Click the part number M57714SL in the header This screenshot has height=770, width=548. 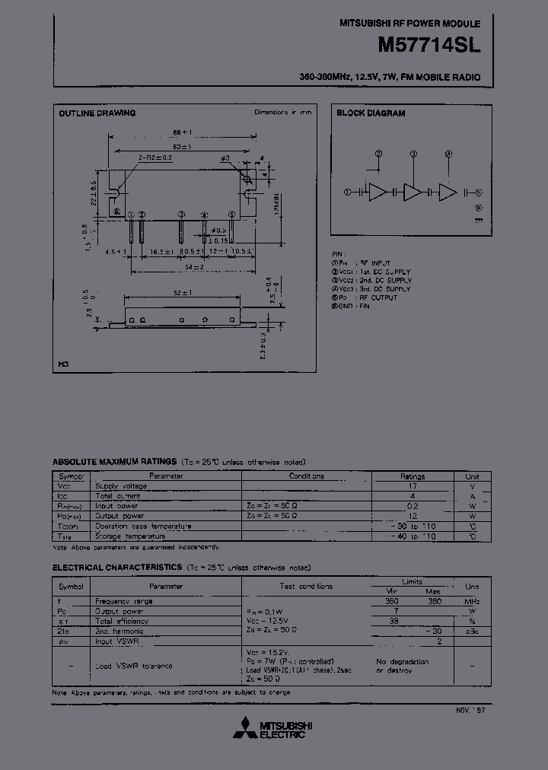pos(429,46)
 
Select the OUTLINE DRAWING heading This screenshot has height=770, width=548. pos(97,113)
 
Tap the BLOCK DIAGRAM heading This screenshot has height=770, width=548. pos(371,113)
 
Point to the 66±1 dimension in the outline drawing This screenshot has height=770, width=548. pos(180,132)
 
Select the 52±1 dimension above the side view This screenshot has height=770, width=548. pos(181,293)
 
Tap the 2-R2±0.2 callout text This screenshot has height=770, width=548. pos(155,157)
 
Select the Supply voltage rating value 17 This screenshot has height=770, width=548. pos(413,485)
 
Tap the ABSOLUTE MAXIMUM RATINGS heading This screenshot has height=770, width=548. pos(114,462)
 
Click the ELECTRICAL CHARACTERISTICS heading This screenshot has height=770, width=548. pos(116,568)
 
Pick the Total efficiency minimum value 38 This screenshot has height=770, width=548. pos(393,621)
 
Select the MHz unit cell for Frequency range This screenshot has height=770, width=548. pos(472,601)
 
